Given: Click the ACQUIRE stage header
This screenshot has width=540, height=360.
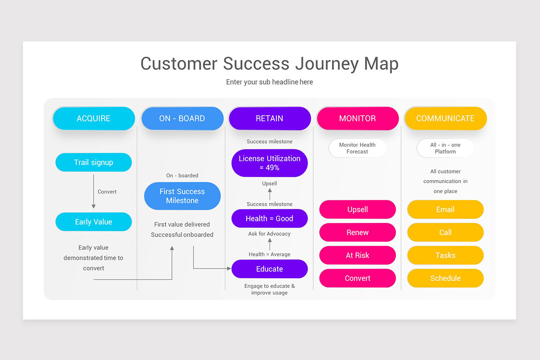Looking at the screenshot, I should (94, 118).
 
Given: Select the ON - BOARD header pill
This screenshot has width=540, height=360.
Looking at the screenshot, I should (182, 118).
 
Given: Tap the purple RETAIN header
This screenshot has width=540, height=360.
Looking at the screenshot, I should (270, 118).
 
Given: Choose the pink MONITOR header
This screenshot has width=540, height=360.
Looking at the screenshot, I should (357, 118).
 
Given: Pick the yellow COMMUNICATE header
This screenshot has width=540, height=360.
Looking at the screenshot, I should (445, 118).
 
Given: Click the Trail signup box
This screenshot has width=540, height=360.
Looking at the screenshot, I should (94, 162).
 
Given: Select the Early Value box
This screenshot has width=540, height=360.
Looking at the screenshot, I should (94, 222).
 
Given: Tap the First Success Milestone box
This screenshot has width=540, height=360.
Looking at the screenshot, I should (182, 196).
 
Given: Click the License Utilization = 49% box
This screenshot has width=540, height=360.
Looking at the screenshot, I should (270, 163).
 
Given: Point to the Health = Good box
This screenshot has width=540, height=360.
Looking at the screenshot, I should (270, 219).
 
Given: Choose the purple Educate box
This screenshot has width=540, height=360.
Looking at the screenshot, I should (270, 269).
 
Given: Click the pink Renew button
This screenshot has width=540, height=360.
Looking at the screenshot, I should (357, 233).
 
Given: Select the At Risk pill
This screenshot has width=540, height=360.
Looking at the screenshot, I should (357, 256).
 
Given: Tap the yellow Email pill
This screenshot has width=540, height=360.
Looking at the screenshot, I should (445, 210).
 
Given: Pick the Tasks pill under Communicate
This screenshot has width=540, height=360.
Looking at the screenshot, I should (445, 256).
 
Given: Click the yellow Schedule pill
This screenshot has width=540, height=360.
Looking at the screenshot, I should (445, 279).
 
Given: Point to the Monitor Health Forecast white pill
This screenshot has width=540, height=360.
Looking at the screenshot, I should (357, 148).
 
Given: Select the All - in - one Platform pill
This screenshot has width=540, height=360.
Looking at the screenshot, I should (445, 148).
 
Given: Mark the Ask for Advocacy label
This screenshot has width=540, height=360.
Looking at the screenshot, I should (270, 234).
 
